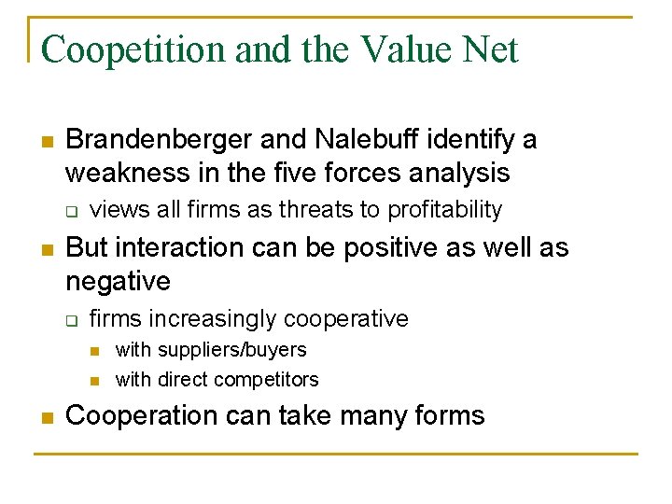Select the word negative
pos(118,281)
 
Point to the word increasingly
pos(213,319)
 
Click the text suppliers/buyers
pos(231,350)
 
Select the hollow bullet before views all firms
pos(70,211)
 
